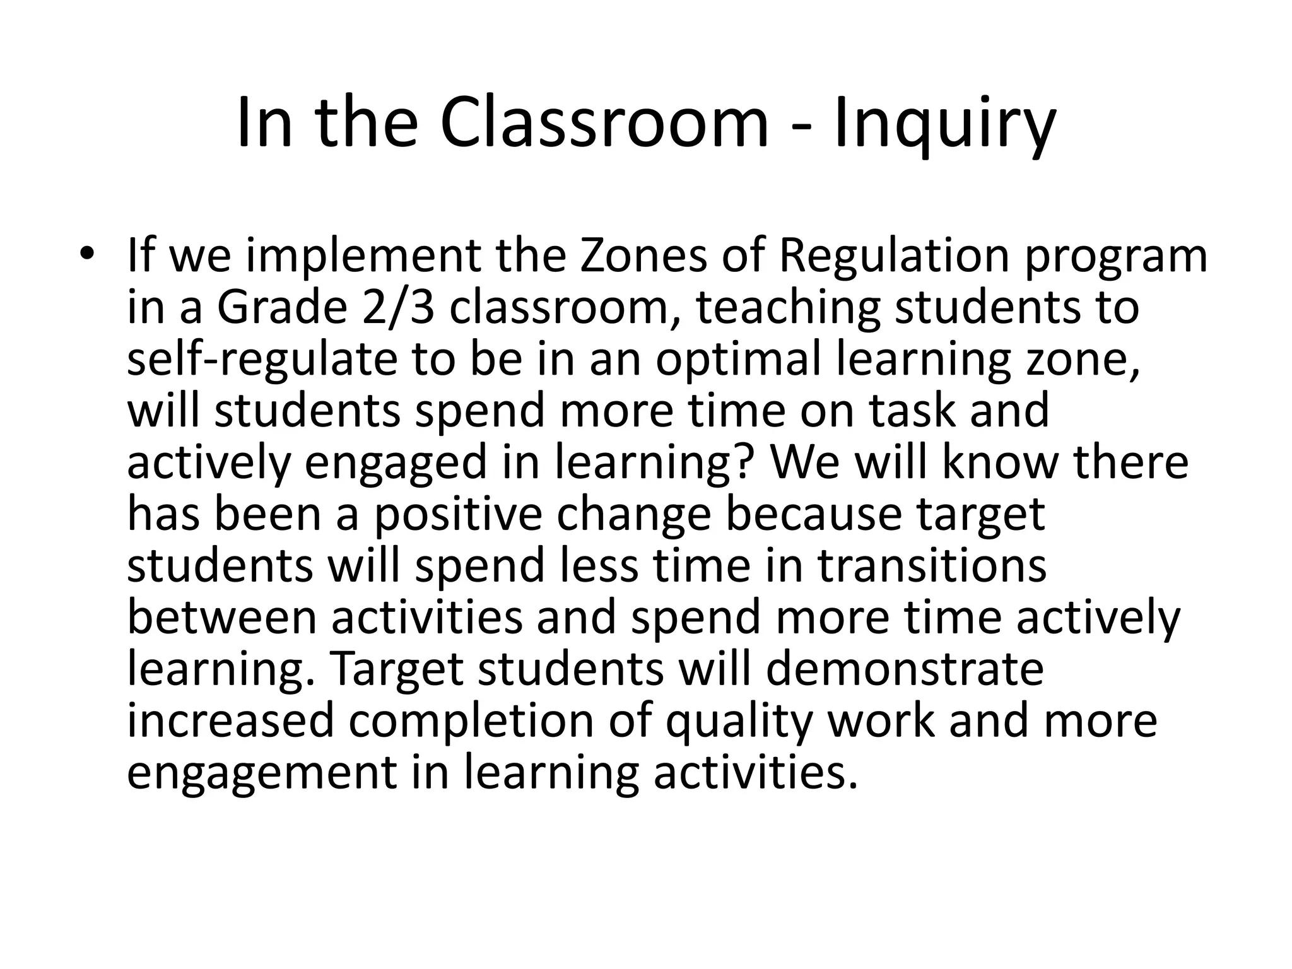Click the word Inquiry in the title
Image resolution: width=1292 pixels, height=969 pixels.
coord(944,124)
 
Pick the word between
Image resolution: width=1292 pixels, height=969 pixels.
coord(222,618)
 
